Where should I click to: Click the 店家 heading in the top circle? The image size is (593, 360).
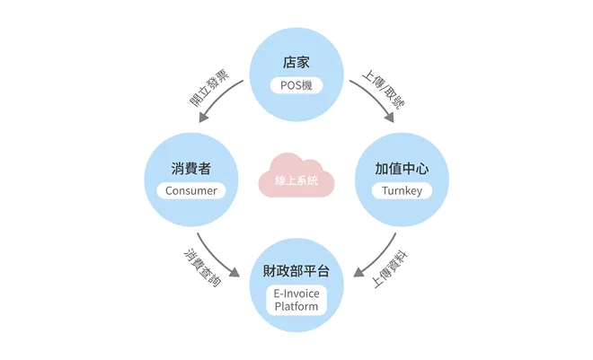tap(296, 64)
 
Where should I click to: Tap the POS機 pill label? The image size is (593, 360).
tap(296, 86)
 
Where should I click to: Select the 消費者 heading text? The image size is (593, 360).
tap(190, 169)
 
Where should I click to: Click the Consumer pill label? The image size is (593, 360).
tap(190, 190)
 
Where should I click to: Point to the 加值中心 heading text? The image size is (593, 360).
tap(401, 169)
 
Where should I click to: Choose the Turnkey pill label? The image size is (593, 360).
tap(401, 190)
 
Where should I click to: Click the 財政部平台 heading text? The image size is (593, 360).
tap(296, 271)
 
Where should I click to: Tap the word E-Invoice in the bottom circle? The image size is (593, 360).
tap(296, 294)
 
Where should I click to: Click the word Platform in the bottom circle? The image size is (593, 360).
tap(296, 306)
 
